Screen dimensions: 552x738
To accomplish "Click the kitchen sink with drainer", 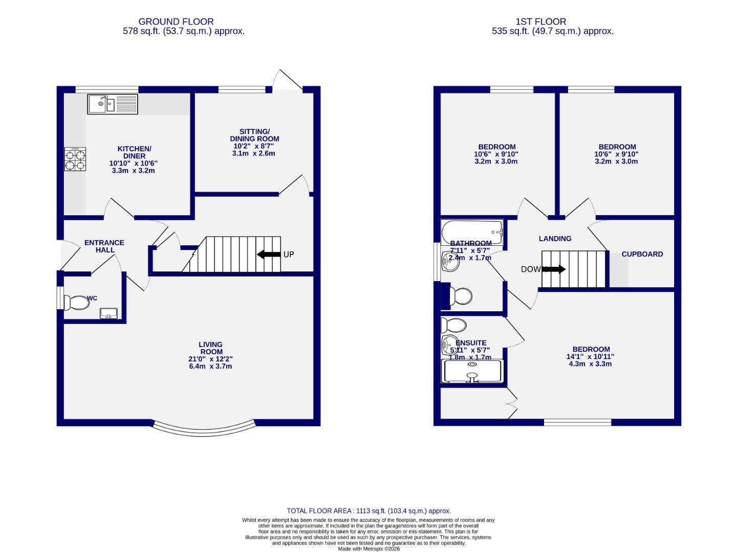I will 113,104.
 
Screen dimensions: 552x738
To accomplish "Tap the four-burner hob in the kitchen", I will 75,159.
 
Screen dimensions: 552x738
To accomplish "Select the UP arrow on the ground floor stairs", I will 269,254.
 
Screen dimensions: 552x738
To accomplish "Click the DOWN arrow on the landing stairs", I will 554,269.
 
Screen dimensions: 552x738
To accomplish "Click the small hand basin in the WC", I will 108,313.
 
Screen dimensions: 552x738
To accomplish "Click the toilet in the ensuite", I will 453,325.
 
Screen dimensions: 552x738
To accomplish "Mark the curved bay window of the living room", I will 204,429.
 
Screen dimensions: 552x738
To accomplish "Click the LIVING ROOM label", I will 211,348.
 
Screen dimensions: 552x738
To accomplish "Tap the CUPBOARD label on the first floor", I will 642,254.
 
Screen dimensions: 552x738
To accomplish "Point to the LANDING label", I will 555,239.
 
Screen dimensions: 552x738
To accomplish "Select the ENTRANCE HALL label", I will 104,246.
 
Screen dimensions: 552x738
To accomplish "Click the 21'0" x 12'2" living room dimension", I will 210,359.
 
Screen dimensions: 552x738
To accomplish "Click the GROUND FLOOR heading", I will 176,21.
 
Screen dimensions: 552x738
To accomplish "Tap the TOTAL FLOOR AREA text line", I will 368,511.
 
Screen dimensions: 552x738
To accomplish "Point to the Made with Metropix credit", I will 368,549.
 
